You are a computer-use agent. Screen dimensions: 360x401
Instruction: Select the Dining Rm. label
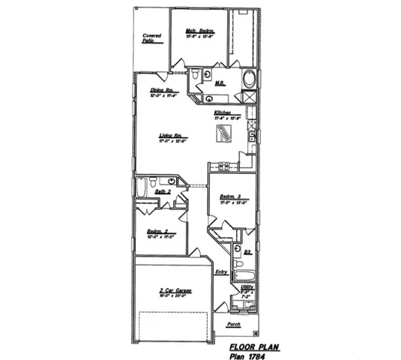point(162,90)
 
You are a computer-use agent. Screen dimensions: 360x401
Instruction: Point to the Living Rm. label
point(172,136)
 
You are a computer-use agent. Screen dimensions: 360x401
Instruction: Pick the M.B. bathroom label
point(221,83)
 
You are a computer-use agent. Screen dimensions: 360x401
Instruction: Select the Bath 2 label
point(163,193)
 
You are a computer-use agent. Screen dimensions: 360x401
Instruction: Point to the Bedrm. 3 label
point(229,197)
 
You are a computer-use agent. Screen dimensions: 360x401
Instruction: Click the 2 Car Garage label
point(172,290)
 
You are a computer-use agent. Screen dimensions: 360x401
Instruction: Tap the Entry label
point(222,272)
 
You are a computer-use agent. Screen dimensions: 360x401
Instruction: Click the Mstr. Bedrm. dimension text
point(200,36)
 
